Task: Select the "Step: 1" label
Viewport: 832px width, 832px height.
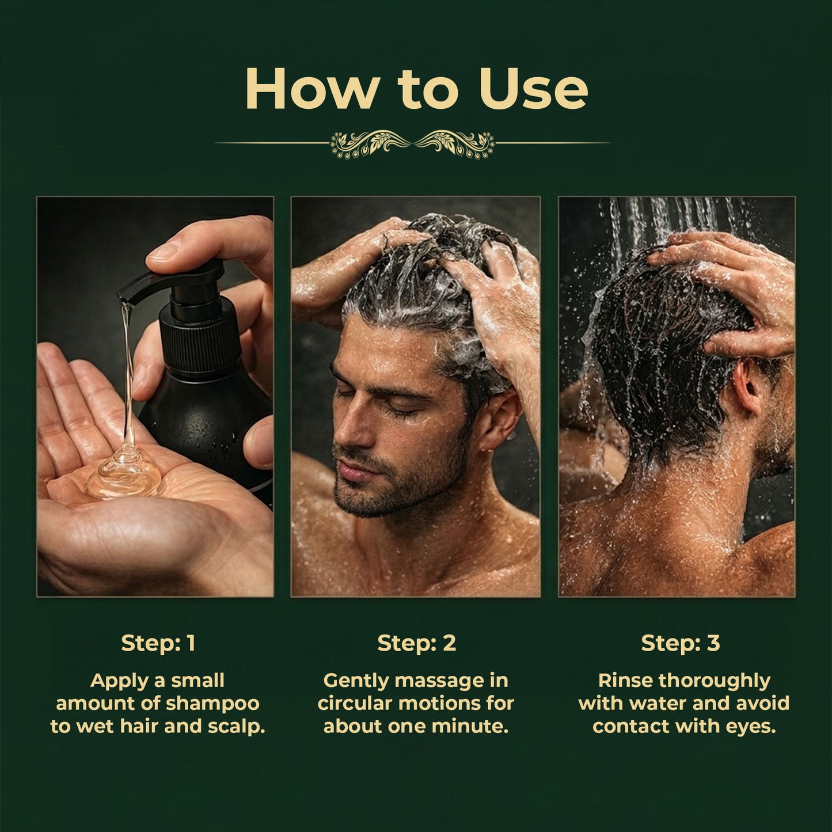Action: pyautogui.click(x=158, y=643)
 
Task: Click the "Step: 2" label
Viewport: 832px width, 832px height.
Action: pyautogui.click(x=416, y=643)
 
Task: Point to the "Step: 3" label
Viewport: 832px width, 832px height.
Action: pyautogui.click(x=680, y=643)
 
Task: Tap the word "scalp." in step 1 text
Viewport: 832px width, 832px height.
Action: pyautogui.click(x=234, y=726)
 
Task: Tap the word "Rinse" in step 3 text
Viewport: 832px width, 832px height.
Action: pyautogui.click(x=626, y=681)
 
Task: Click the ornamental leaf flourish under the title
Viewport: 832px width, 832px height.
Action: pyautogui.click(x=412, y=143)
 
